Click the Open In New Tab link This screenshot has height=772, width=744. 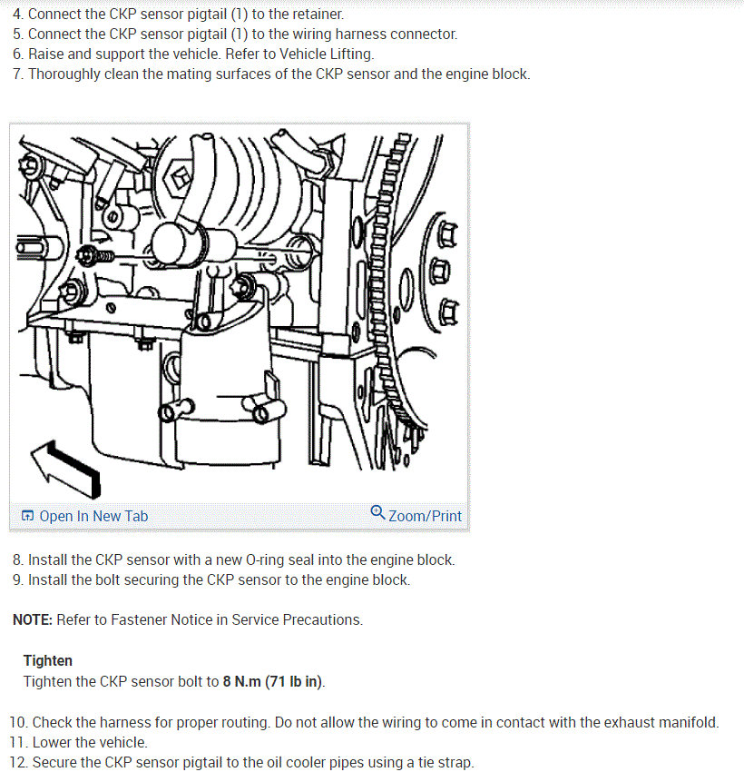84,516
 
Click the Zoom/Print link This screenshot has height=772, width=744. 416,515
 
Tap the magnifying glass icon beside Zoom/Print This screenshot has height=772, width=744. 377,512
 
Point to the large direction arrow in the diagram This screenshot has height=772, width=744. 66,469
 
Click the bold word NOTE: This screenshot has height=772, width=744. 33,619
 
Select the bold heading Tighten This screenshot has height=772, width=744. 48,660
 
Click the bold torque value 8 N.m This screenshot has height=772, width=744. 241,681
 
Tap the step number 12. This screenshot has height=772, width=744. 19,762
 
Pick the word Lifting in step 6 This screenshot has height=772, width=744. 352,54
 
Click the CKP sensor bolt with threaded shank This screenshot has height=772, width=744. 96,256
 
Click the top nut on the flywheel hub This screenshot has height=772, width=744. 446,234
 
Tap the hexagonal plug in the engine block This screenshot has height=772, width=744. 180,177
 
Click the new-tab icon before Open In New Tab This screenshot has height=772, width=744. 27,516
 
